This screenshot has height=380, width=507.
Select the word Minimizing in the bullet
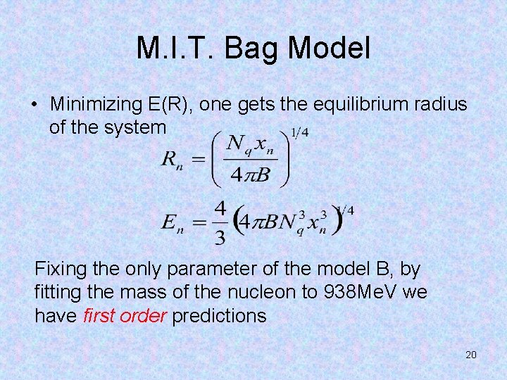tap(96, 104)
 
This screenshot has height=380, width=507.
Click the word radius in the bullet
tap(442, 104)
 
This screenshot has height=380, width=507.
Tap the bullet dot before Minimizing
tap(34, 105)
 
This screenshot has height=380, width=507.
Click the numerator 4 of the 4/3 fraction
tap(220, 210)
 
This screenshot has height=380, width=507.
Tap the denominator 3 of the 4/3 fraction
tap(220, 237)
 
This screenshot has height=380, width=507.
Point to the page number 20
tap(471, 355)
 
